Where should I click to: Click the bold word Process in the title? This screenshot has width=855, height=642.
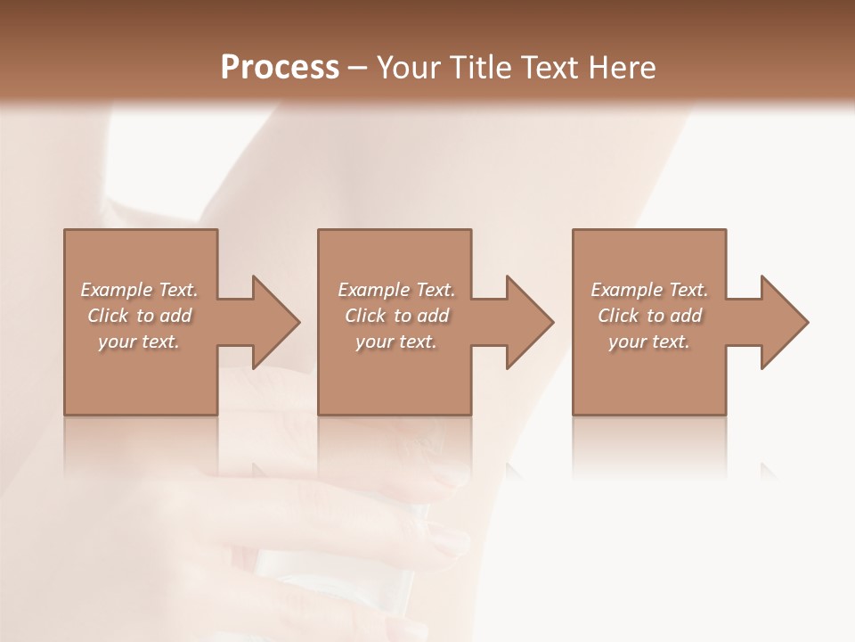pyautogui.click(x=280, y=67)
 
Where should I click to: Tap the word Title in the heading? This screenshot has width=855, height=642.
pyautogui.click(x=481, y=67)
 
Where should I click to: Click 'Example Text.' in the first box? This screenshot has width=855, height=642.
pyautogui.click(x=139, y=290)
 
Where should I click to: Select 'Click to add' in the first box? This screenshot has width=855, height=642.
pyautogui.click(x=139, y=316)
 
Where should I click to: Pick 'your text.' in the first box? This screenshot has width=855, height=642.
pyautogui.click(x=139, y=342)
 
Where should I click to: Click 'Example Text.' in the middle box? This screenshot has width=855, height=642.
pyautogui.click(x=396, y=290)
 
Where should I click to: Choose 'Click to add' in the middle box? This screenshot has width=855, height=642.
pyautogui.click(x=396, y=316)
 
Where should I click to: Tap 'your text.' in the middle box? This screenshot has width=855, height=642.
pyautogui.click(x=396, y=342)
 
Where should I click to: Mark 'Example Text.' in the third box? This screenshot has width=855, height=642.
pyautogui.click(x=649, y=290)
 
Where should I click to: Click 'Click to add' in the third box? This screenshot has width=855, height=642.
pyautogui.click(x=649, y=316)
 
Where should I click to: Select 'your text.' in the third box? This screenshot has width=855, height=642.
pyautogui.click(x=649, y=342)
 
